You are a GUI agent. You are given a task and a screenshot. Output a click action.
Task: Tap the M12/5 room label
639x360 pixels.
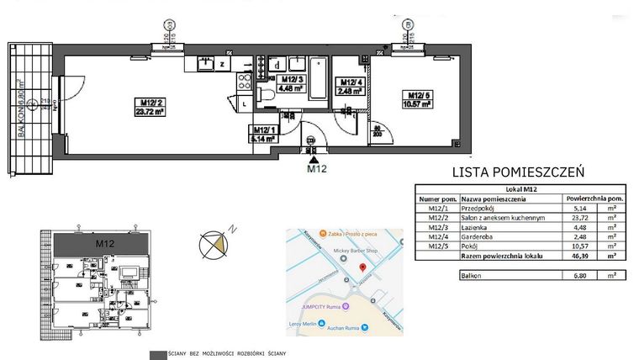point(417,98)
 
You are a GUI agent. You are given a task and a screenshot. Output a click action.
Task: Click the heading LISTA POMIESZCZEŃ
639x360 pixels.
point(518,172)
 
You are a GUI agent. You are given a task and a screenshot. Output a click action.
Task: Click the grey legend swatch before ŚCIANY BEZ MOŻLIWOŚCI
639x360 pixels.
point(156,353)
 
